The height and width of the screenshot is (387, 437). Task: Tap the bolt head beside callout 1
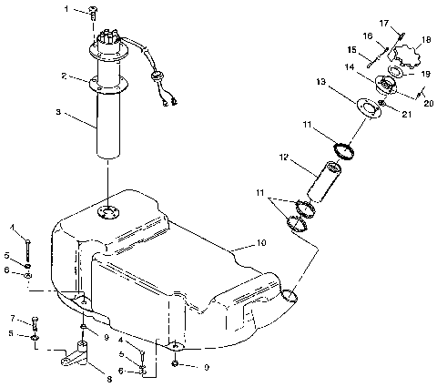[93, 11]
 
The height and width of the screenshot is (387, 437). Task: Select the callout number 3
[59, 113]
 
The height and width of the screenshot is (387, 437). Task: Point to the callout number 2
[63, 76]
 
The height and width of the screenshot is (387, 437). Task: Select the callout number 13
[320, 81]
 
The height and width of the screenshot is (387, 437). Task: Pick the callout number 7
[12, 319]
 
